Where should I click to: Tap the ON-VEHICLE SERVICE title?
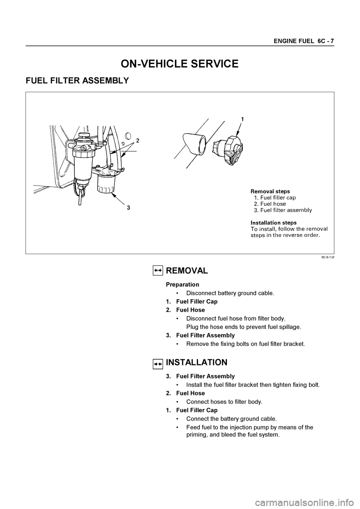179,64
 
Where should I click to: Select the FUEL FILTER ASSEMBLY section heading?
77,81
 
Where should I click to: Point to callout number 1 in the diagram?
242,119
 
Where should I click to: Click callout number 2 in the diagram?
138,141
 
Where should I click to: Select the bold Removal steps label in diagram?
270,191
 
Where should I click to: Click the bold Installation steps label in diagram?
273,223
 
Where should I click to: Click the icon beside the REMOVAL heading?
158,271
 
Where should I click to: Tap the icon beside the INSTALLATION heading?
158,363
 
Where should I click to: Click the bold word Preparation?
182,284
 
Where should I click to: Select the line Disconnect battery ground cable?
230,293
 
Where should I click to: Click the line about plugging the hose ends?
243,327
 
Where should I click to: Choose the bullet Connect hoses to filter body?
224,402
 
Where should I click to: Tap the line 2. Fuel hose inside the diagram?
270,204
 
